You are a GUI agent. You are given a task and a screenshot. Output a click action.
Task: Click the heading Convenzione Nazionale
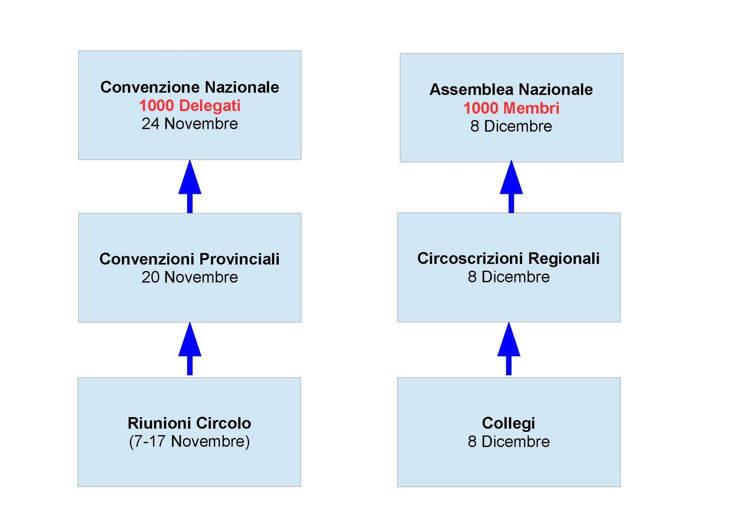click(x=190, y=87)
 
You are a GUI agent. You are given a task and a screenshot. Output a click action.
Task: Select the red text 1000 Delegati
click(x=190, y=105)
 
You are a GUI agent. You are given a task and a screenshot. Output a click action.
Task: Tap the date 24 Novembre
click(x=190, y=124)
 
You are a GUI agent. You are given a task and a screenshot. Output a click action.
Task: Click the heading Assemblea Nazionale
click(x=511, y=89)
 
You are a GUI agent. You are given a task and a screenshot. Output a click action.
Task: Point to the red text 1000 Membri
click(x=511, y=108)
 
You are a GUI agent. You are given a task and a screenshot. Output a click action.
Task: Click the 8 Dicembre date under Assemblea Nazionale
click(x=511, y=127)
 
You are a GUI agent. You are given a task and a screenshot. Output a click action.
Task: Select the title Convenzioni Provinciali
click(x=190, y=259)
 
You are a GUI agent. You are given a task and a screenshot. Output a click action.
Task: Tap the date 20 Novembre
click(x=190, y=277)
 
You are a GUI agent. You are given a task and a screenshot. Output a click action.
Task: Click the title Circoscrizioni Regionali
click(x=509, y=258)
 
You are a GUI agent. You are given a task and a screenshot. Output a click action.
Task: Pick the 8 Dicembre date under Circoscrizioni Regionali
click(x=509, y=277)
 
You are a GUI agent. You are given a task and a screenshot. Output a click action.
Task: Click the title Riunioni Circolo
click(x=189, y=423)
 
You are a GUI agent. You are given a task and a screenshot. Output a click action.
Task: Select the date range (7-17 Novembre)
click(x=189, y=442)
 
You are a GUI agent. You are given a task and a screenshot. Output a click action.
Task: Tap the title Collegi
click(x=509, y=423)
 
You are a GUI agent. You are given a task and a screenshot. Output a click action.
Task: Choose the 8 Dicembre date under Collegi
click(x=509, y=442)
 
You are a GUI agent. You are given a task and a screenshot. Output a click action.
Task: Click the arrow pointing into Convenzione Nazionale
click(x=190, y=187)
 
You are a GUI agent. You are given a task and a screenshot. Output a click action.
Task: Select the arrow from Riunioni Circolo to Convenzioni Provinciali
click(x=190, y=349)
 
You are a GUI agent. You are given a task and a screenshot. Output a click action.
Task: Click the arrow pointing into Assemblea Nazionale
click(x=511, y=187)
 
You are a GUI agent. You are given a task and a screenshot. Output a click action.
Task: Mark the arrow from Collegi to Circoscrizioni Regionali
click(x=509, y=349)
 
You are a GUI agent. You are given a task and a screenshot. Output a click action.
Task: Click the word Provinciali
click(x=239, y=259)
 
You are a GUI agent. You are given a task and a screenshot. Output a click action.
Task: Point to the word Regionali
click(x=564, y=259)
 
